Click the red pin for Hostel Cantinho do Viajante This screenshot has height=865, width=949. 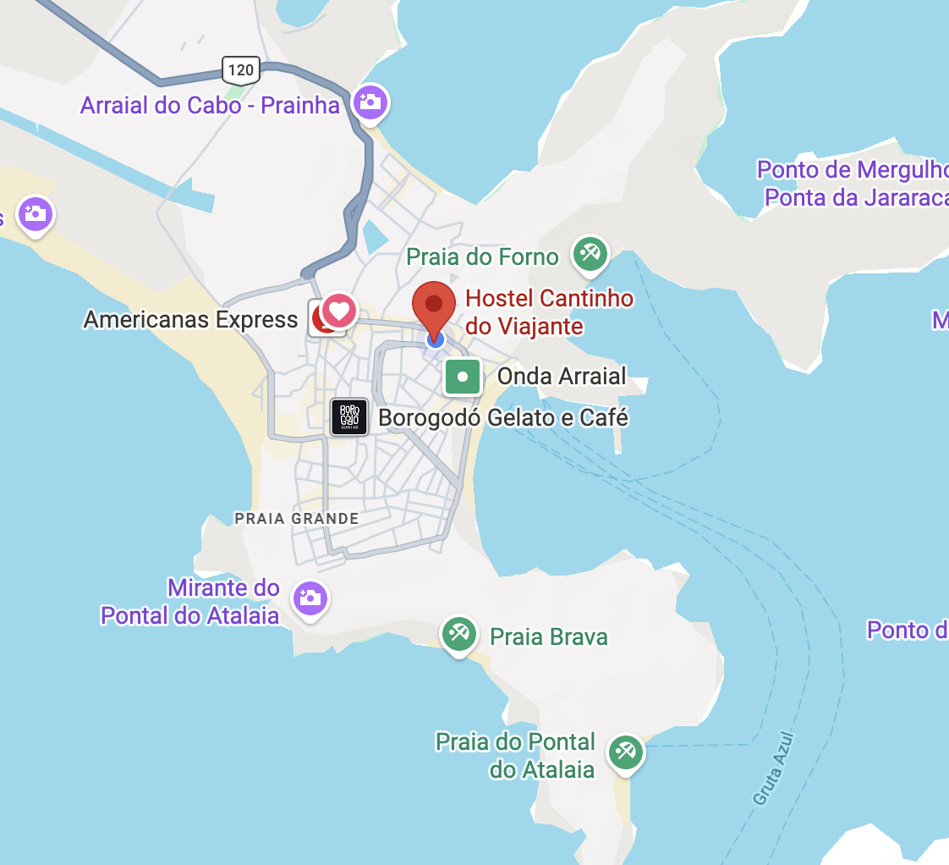(434, 306)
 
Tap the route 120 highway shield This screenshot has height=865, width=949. (241, 69)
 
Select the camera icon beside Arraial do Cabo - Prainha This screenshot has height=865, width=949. (370, 102)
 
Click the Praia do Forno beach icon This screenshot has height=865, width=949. (590, 253)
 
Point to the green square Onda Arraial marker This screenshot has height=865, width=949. (463, 377)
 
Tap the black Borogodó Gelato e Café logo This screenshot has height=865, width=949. (349, 416)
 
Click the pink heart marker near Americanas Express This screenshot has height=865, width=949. (339, 311)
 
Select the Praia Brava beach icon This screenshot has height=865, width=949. (459, 634)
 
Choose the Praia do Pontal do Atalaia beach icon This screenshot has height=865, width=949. (626, 751)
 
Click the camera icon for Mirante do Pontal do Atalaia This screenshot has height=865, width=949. (310, 598)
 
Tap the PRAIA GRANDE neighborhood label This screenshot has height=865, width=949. (297, 518)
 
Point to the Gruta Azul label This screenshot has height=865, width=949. (774, 769)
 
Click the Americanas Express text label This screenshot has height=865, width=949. (190, 319)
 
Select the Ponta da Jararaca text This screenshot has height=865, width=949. (856, 197)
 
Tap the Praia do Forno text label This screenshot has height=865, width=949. (482, 256)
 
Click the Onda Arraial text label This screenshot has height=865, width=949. (562, 376)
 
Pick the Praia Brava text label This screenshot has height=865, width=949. (549, 636)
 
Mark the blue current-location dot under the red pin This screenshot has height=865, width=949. (435, 339)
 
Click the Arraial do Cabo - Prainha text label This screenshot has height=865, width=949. (210, 106)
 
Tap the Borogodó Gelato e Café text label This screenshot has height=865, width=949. (503, 417)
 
